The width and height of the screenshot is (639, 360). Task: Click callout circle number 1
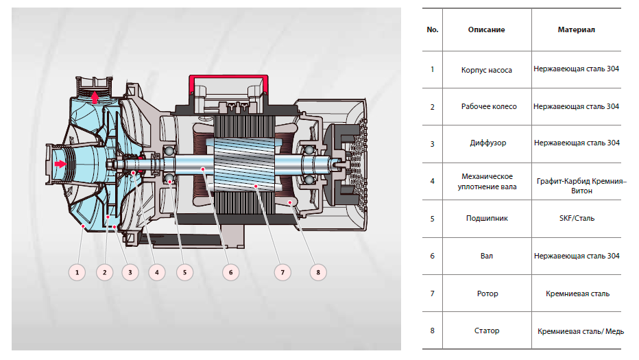(x=78, y=272)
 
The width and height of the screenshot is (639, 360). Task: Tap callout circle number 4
(x=157, y=272)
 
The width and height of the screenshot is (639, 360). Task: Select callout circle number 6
(x=231, y=272)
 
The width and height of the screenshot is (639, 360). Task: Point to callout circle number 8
(x=317, y=272)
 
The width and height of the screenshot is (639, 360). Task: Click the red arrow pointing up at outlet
(x=94, y=99)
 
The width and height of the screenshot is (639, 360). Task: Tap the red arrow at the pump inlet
(x=61, y=164)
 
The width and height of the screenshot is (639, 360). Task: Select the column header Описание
(x=486, y=30)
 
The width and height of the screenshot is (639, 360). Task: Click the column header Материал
(x=576, y=30)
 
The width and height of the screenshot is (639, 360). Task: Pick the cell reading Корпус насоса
(x=486, y=69)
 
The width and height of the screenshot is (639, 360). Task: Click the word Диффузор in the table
(x=486, y=143)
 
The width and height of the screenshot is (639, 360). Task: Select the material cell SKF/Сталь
(x=576, y=218)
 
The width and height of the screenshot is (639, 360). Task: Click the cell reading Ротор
(x=486, y=293)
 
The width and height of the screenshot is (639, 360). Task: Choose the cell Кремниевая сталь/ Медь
(x=580, y=331)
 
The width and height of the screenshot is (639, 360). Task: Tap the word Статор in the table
(x=486, y=331)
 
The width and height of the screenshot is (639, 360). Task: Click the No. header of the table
(x=432, y=30)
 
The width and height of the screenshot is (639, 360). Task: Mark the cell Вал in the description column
(x=486, y=256)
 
